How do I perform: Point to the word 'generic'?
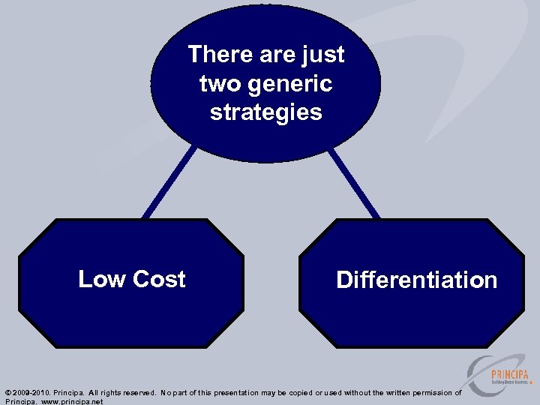[x=292, y=83]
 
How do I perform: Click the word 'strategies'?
[x=265, y=112]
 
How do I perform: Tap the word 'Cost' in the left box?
[x=159, y=279]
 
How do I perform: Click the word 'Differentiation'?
[x=416, y=280]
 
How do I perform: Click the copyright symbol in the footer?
[x=7, y=393]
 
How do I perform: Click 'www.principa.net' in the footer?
[x=73, y=402]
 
